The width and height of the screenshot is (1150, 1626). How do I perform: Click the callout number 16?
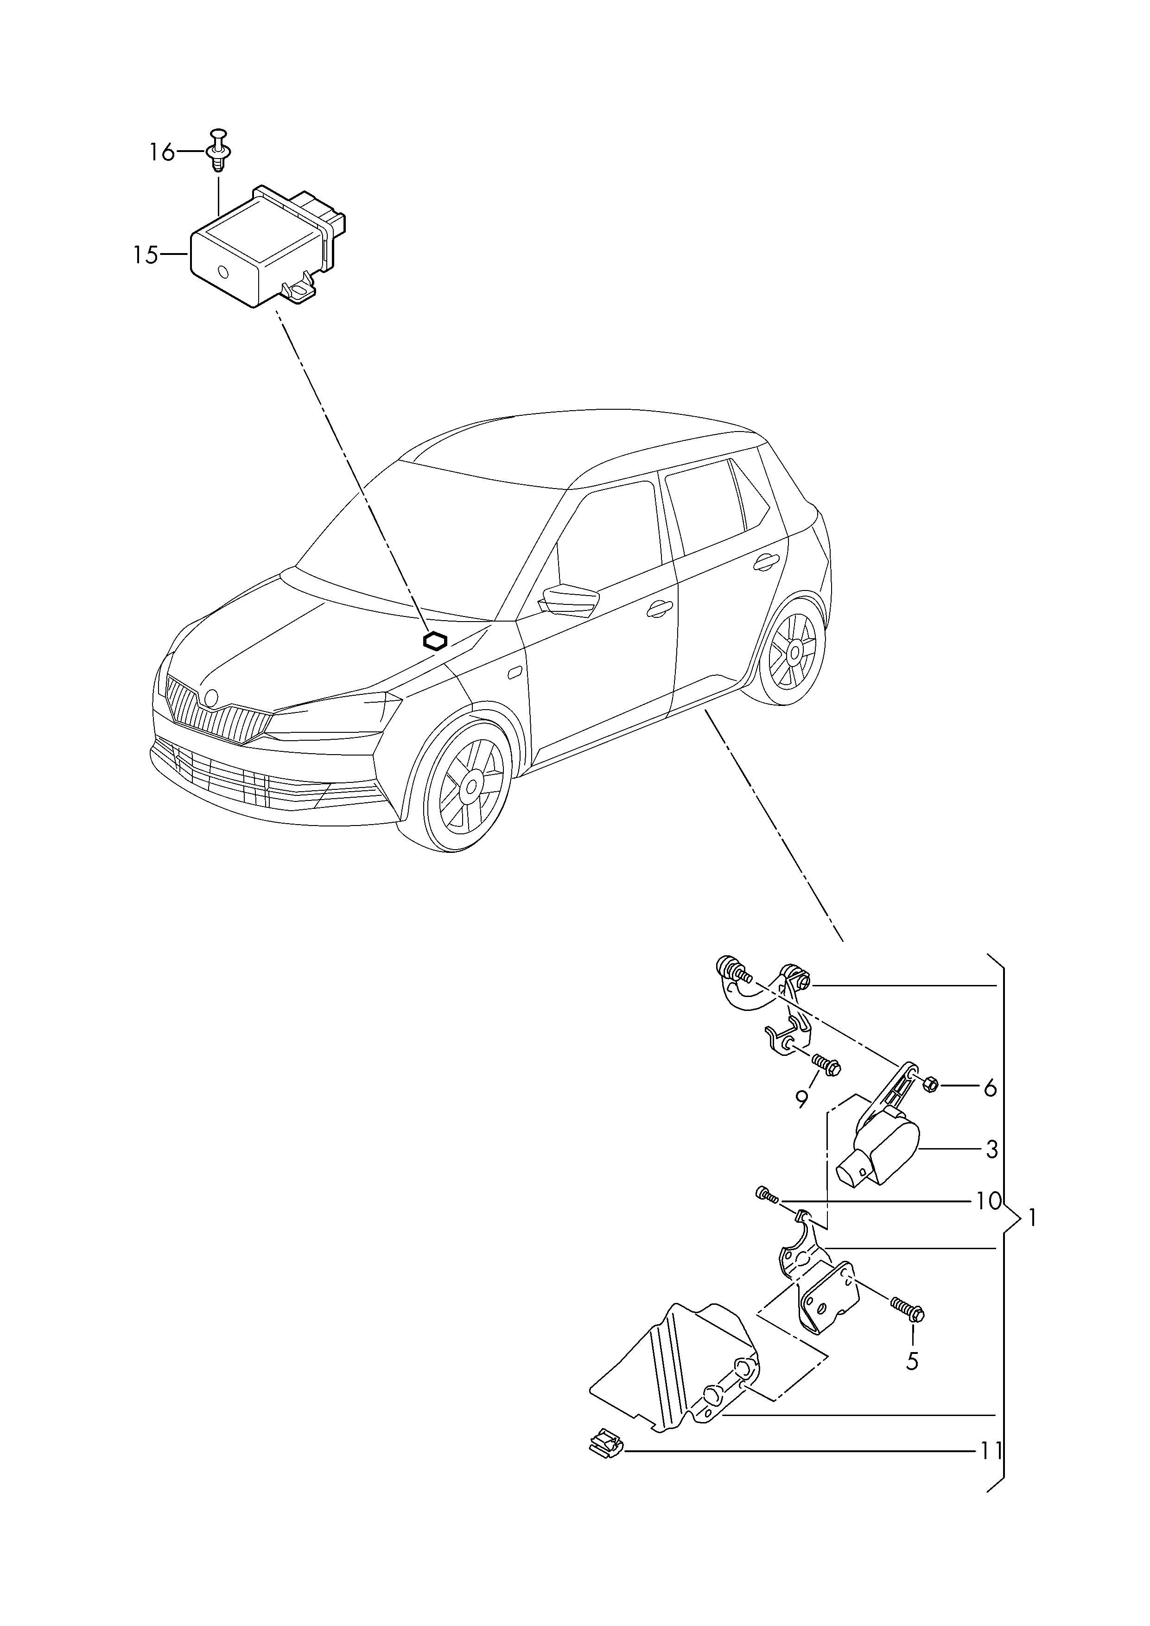click(x=161, y=152)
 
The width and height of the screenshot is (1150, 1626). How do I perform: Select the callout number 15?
click(x=146, y=254)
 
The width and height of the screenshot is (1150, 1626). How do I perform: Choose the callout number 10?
click(x=989, y=1201)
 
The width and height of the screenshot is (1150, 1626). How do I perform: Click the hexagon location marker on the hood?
click(x=435, y=641)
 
